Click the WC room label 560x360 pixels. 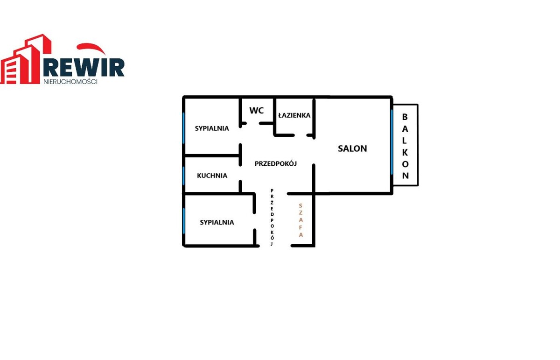click(256, 110)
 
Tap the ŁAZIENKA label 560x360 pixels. click(294, 115)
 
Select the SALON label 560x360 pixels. click(352, 148)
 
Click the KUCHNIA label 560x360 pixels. click(212, 176)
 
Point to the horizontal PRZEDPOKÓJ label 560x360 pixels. click(275, 163)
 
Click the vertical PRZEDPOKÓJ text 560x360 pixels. click(272, 217)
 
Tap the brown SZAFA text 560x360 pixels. click(301, 220)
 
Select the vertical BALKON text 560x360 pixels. click(405, 146)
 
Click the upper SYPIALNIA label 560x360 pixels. click(212, 128)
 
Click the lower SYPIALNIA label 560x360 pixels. click(217, 222)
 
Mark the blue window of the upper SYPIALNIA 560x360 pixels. click(183, 128)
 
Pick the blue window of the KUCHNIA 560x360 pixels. click(183, 176)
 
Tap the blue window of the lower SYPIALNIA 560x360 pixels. click(184, 221)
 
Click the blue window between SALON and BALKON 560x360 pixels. click(392, 142)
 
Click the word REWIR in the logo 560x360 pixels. click(84, 67)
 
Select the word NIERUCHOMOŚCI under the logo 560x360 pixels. click(70, 82)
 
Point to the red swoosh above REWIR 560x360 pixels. click(91, 48)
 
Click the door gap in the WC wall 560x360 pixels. click(253, 123)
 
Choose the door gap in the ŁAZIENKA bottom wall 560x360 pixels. click(301, 135)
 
